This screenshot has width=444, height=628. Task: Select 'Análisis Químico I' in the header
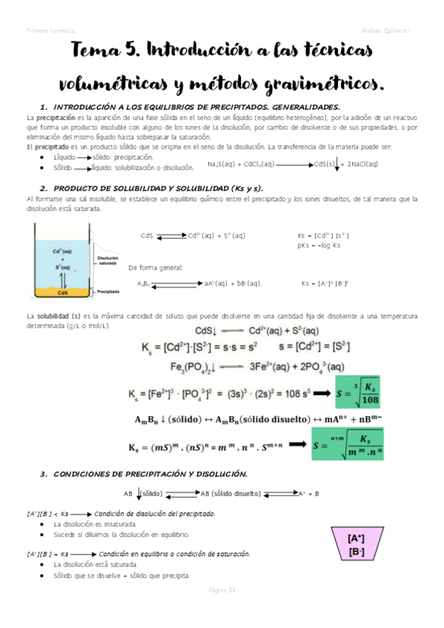click(392, 30)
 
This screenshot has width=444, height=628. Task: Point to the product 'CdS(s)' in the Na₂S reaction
click(327, 164)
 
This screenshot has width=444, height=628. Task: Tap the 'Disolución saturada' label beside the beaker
click(108, 261)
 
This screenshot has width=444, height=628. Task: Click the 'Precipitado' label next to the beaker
click(109, 292)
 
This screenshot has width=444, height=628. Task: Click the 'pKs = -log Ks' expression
click(319, 245)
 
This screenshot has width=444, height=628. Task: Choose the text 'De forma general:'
click(155, 267)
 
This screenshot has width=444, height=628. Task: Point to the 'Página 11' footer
click(222, 590)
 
